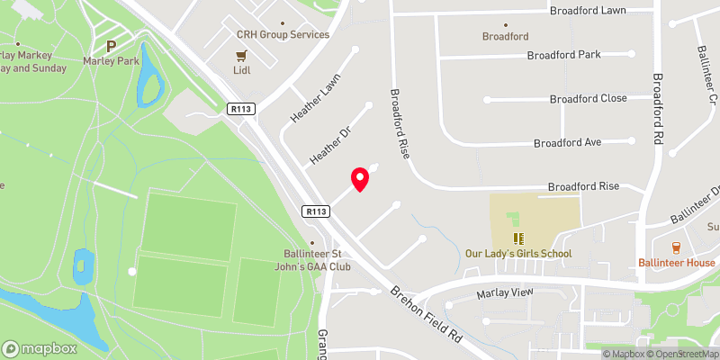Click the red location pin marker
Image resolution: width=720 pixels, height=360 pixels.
(360, 179)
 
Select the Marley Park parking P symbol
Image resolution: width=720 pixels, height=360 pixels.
(112, 46)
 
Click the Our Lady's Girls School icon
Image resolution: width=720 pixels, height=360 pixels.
(517, 238)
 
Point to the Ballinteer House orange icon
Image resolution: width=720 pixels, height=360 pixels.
(676, 247)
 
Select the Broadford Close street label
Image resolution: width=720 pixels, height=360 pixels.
(589, 99)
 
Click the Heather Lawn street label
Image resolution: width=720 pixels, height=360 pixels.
(306, 105)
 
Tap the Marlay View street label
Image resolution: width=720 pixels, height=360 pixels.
(504, 293)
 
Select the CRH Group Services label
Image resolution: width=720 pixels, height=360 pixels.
(283, 34)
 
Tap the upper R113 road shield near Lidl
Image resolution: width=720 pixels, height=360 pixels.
(238, 108)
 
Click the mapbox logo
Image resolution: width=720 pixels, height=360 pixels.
(39, 348)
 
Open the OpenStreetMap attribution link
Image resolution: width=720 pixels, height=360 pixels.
(679, 354)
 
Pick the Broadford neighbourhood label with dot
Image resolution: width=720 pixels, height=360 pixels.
(505, 37)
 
